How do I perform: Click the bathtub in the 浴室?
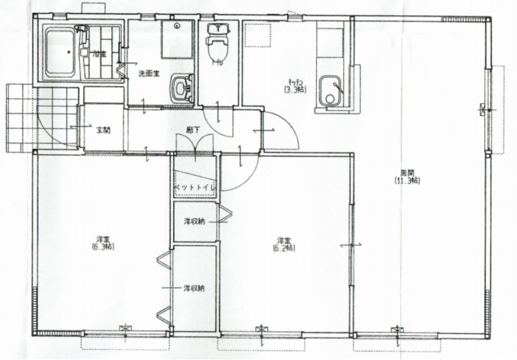59,52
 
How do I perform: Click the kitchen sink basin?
329,91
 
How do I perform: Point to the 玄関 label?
103,129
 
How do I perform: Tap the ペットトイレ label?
194,187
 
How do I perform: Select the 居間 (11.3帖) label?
407,177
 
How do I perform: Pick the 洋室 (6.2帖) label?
284,244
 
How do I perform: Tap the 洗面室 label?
148,73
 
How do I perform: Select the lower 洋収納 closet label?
193,288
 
